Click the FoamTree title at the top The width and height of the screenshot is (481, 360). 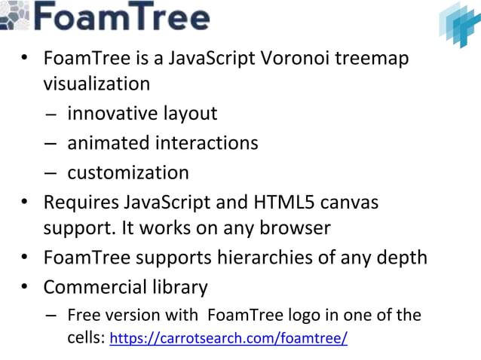(121, 17)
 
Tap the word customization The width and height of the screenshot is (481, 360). (128, 172)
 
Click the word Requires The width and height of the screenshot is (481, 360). (81, 203)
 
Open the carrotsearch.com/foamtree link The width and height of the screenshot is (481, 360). (229, 338)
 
